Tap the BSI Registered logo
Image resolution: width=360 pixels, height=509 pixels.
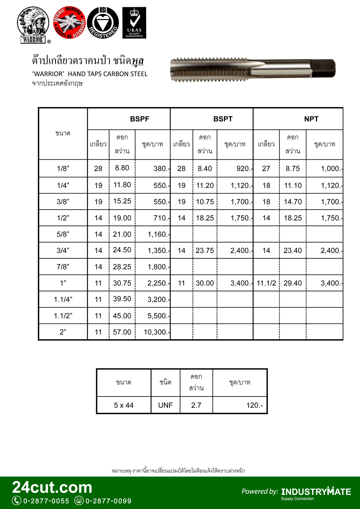(103, 23)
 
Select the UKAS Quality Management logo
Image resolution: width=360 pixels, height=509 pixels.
(134, 23)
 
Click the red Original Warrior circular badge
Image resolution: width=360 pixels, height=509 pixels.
(69, 23)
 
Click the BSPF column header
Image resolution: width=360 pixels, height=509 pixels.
(139, 119)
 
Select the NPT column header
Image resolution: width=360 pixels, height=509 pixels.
(311, 119)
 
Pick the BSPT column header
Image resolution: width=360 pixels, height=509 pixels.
(223, 119)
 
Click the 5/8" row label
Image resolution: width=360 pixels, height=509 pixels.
(63, 234)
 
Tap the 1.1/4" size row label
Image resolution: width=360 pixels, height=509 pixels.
(63, 300)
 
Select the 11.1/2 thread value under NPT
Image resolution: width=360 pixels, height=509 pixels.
(266, 283)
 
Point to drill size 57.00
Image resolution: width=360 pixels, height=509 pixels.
(122, 332)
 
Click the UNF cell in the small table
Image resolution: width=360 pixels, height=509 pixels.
(165, 405)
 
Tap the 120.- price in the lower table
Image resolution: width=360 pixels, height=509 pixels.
(254, 405)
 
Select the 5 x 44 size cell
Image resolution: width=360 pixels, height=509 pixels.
(124, 405)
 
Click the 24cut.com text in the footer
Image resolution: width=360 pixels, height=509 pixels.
(52, 488)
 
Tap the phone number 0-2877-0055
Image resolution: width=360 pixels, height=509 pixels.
(46, 501)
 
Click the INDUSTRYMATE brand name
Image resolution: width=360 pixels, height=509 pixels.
(316, 492)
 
